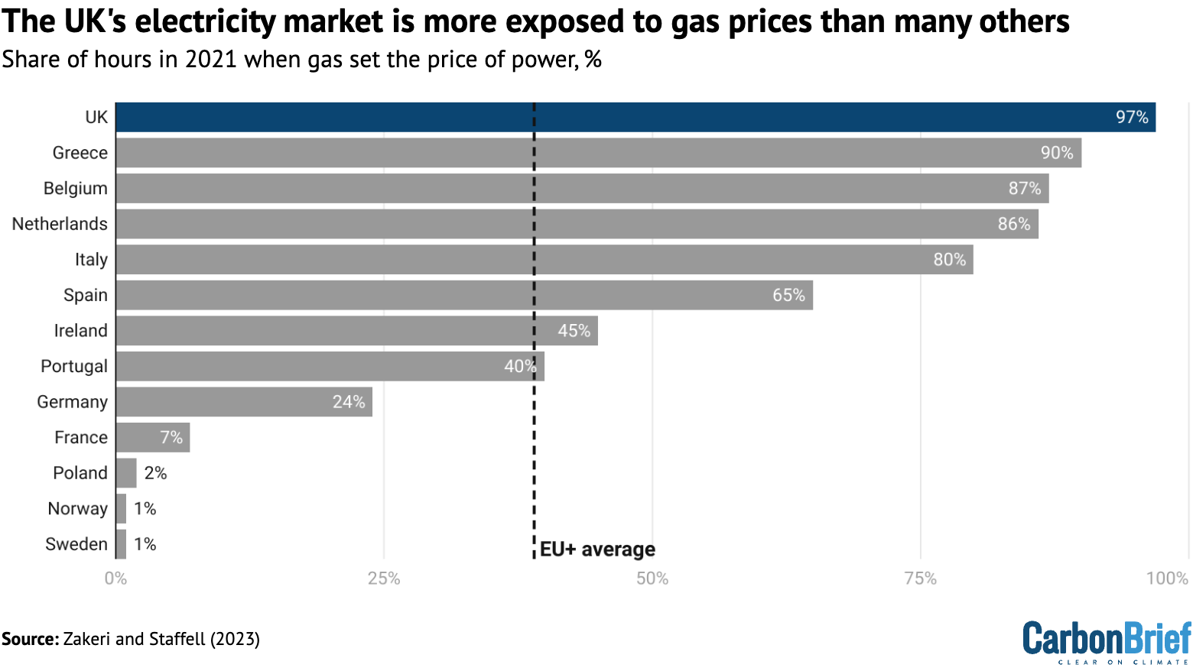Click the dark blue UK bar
635,117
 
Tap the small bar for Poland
126,473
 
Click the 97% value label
1132,117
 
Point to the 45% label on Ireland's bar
574,331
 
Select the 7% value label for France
171,437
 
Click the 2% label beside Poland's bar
155,473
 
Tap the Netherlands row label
60,224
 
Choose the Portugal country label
73,366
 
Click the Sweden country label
76,544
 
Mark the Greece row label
80,153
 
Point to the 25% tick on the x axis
384,579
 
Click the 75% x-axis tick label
920,579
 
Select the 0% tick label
115,579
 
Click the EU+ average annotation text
597,549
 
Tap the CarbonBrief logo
1107,641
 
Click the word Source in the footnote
29,639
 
